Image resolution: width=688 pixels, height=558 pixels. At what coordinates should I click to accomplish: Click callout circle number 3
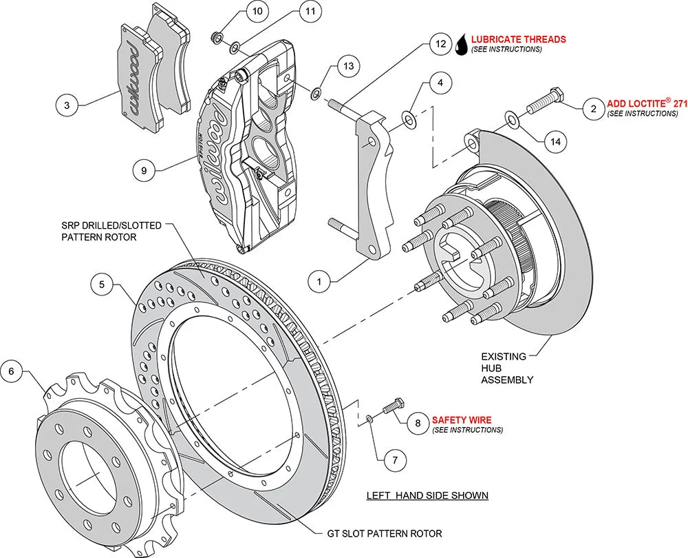click(x=67, y=105)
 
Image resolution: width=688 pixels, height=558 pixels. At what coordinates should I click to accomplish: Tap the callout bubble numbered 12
click(x=440, y=43)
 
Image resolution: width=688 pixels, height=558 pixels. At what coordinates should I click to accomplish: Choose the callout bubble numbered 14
click(x=556, y=142)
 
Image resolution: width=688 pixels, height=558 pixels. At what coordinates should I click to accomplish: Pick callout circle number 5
click(x=101, y=284)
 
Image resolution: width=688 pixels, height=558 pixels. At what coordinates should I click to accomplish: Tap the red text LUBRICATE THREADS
click(x=519, y=39)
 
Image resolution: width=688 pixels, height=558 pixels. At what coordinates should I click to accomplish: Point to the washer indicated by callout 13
click(x=316, y=92)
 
